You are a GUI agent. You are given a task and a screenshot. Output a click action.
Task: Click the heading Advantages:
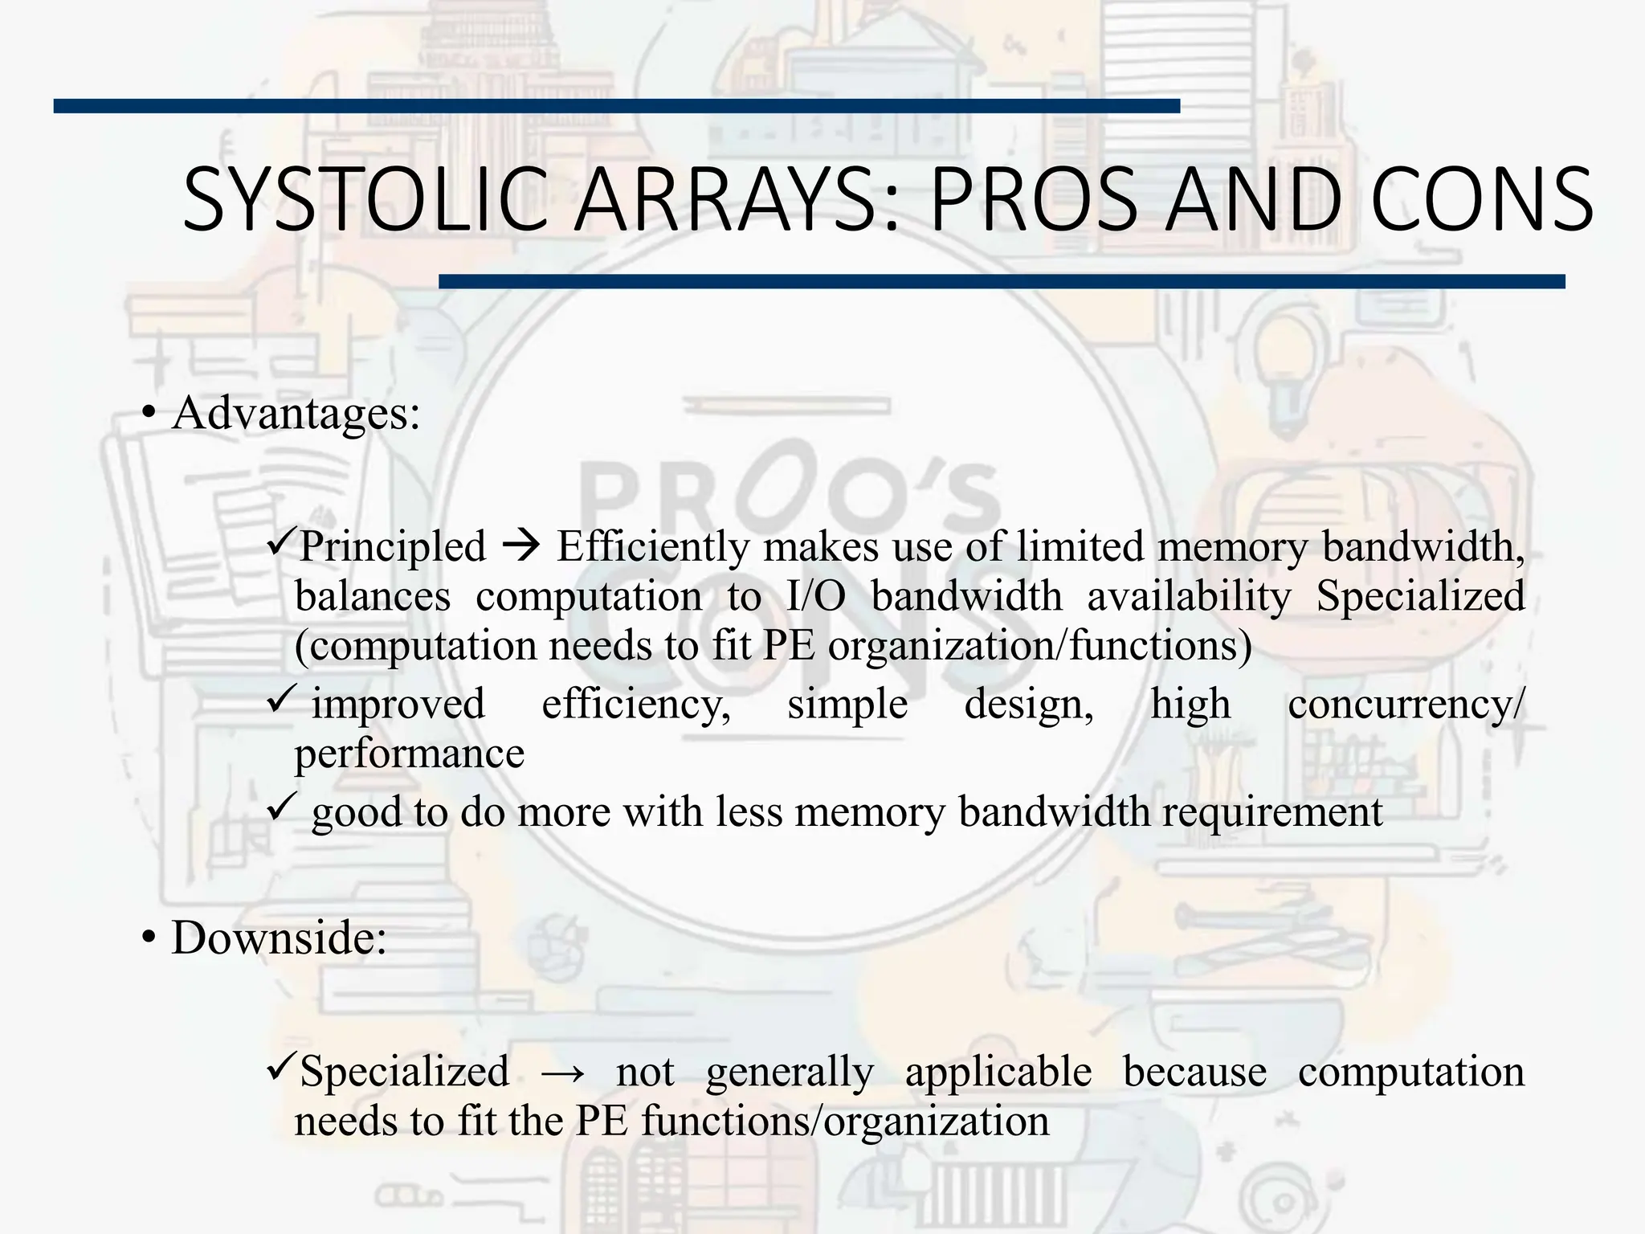coord(296,414)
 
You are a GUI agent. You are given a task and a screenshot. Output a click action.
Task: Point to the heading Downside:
coord(279,938)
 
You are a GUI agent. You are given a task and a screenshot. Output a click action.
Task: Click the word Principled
coord(393,547)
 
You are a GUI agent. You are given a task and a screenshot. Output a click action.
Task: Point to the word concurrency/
coord(1406,705)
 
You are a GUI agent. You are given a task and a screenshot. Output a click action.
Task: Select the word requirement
coord(1272,812)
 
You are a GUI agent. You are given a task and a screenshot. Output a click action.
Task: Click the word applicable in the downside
coord(998,1073)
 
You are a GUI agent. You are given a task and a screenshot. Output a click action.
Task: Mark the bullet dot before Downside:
coord(148,938)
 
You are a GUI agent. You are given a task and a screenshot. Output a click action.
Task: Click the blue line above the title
coord(616,106)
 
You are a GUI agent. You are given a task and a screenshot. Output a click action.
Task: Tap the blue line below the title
coord(1002,281)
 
